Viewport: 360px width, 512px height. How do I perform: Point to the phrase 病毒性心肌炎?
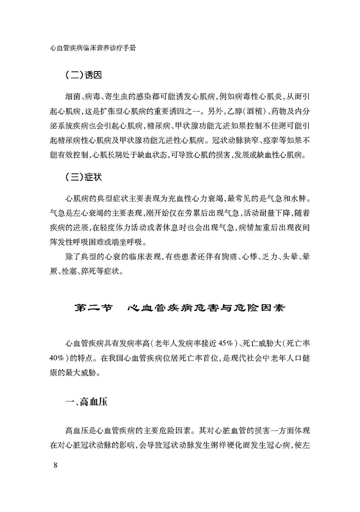[261, 97]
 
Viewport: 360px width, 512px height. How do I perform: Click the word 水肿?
[297, 198]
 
